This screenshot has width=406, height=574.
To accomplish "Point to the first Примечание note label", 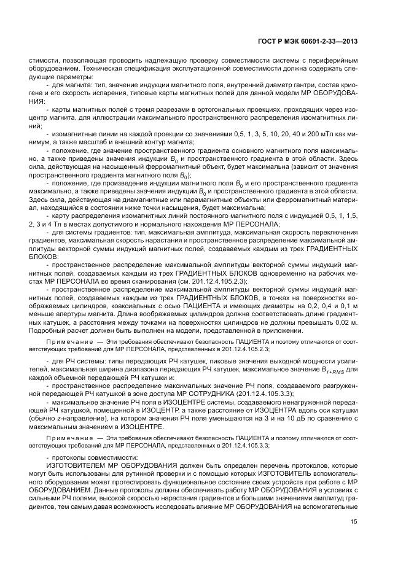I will (68, 341).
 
